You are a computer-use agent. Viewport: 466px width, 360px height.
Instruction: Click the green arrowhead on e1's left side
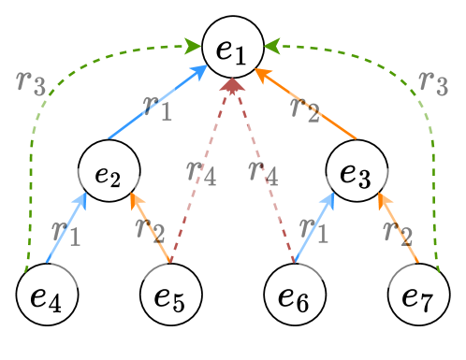[193, 44]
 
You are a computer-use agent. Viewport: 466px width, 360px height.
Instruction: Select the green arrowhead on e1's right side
[270, 44]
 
